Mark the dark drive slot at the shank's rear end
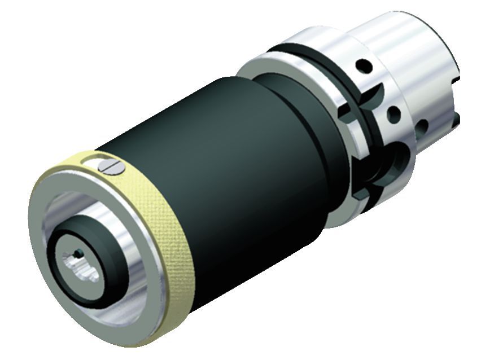point(456,113)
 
